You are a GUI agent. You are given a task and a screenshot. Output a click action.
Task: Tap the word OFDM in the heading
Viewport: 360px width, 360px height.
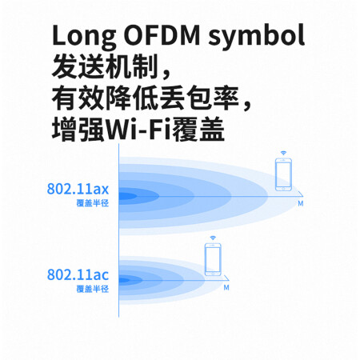[162, 35]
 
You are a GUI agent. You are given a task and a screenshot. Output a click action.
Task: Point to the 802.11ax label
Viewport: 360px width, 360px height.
[78, 189]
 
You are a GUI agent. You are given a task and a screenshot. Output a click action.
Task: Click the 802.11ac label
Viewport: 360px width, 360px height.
[78, 274]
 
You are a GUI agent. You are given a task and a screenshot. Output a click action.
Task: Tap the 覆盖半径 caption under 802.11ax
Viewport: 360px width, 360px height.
[93, 203]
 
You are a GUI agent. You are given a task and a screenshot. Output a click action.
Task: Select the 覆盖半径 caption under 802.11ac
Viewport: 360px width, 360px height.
[93, 289]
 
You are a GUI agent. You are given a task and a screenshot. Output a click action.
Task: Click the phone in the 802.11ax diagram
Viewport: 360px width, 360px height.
[283, 174]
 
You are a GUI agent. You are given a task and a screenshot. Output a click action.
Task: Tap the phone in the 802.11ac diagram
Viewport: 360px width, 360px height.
[213, 259]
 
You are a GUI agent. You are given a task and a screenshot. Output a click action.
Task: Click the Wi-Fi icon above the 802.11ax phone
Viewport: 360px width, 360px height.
[283, 153]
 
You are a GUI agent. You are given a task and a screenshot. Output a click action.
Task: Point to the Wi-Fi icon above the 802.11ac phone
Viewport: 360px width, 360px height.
[213, 238]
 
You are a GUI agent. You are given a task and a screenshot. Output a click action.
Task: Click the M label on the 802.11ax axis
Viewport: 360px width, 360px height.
[301, 203]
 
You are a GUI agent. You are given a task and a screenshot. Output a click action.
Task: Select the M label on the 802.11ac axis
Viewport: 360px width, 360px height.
[226, 287]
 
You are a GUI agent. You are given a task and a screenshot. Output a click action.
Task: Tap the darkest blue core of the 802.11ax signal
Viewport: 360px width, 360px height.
[127, 196]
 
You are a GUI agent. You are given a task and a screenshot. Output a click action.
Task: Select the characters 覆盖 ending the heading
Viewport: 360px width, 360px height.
[198, 130]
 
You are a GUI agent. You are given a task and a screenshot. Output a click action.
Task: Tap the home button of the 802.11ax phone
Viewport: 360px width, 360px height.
[283, 189]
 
